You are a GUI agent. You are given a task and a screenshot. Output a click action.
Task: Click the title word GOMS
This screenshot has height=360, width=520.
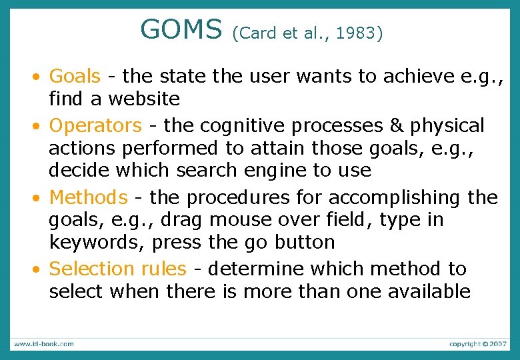pos(181,29)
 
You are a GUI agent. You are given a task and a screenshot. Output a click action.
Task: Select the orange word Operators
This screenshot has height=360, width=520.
pos(95,125)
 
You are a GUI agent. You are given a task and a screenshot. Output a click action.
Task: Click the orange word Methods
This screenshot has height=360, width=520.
pos(88,197)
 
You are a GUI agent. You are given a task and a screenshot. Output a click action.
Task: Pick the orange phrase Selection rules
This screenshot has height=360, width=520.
pos(118,269)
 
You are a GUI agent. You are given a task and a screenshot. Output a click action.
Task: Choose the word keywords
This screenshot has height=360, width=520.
pos(95,242)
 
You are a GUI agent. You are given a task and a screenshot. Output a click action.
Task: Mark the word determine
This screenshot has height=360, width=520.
pos(251,269)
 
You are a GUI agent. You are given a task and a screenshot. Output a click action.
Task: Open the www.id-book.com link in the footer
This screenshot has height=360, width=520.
pos(44,344)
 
